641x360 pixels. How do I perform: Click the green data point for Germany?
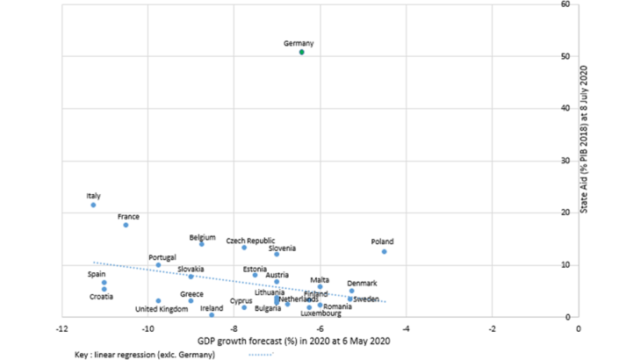click(302, 53)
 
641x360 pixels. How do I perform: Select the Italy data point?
click(93, 205)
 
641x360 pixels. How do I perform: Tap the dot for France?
click(126, 225)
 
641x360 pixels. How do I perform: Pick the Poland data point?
click(384, 252)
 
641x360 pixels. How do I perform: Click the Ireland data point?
click(212, 314)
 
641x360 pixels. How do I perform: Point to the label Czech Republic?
click(250, 241)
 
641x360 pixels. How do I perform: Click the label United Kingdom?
click(162, 309)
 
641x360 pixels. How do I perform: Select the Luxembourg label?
click(320, 313)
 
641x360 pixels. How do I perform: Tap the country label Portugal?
click(162, 257)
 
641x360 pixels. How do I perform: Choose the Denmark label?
click(362, 283)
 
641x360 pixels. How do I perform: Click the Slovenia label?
click(282, 248)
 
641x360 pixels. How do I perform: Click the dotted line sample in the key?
click(261, 354)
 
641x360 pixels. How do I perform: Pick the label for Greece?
click(191, 294)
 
